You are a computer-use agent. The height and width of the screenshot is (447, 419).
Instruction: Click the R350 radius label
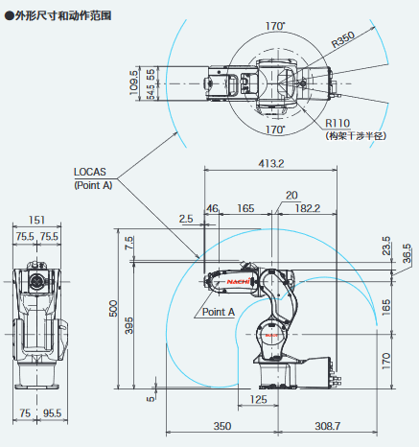point(342,39)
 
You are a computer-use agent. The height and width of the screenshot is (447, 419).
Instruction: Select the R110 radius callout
point(338,123)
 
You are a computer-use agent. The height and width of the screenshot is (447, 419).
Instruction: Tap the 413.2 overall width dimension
point(271,163)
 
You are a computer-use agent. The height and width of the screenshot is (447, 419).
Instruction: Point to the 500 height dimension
point(113,309)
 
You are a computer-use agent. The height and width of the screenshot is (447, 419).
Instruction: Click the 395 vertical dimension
point(128,326)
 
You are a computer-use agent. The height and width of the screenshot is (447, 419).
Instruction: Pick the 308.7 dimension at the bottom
point(328,426)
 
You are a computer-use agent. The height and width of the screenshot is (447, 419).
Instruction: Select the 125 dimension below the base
point(258,399)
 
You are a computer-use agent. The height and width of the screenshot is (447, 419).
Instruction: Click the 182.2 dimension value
point(308,208)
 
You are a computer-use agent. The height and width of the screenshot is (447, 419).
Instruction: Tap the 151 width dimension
point(36,220)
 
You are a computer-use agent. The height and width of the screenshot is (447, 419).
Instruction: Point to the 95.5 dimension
point(52,413)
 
